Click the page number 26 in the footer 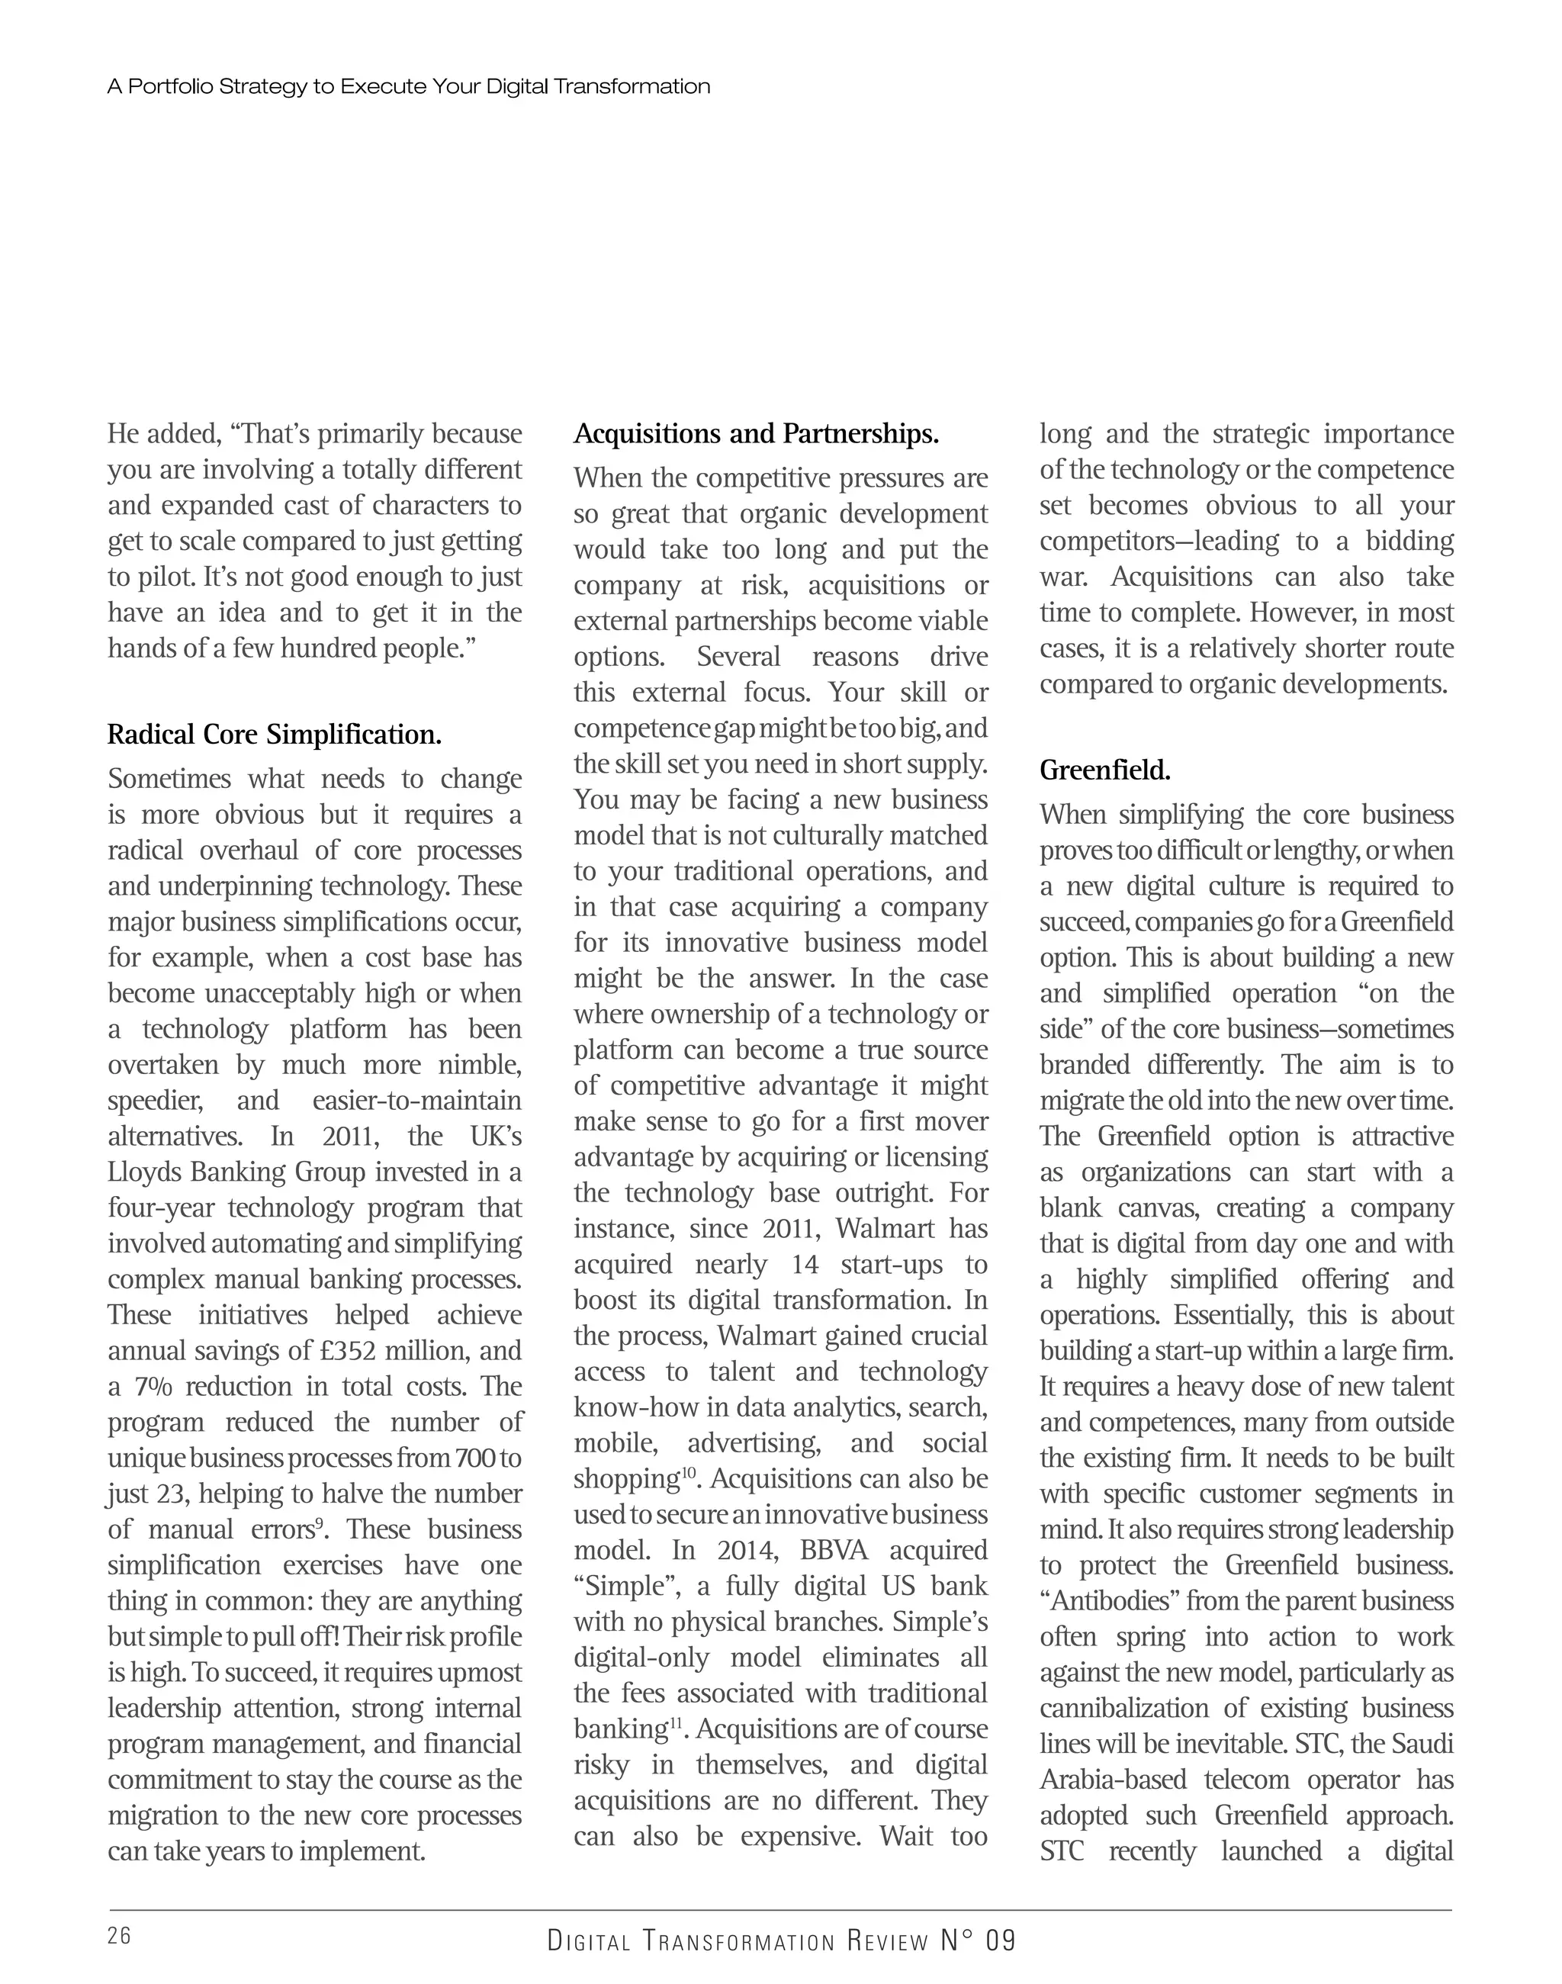point(119,1935)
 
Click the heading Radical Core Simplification point(275,735)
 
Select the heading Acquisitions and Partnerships point(757,433)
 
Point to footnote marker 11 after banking point(676,1722)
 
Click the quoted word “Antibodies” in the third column point(1110,1601)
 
